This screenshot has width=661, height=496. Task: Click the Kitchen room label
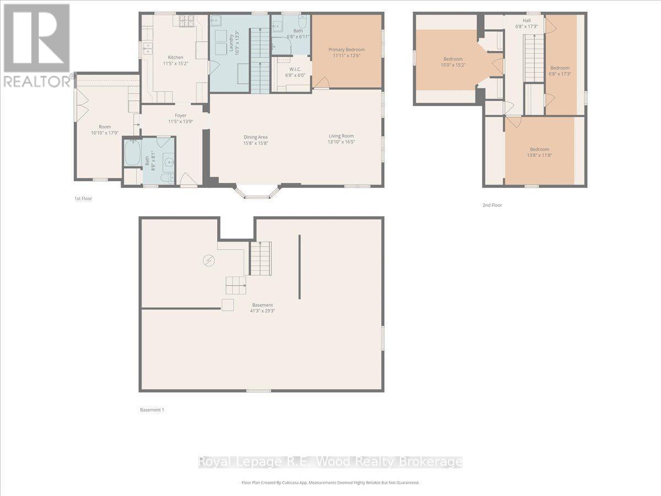pos(176,57)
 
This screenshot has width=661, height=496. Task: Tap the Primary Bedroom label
pos(346,50)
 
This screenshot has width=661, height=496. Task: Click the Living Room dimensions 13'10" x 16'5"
pos(342,142)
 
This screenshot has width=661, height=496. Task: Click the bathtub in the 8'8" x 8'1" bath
pos(132,153)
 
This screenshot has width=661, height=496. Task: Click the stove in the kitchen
pos(186,21)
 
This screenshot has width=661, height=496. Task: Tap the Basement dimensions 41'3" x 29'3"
pos(263,311)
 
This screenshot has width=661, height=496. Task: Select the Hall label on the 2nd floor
pos(519,20)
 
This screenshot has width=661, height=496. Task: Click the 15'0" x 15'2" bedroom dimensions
pos(453,65)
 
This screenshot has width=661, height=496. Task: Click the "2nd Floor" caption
pos(492,205)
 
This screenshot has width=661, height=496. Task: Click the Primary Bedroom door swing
pos(322,82)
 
